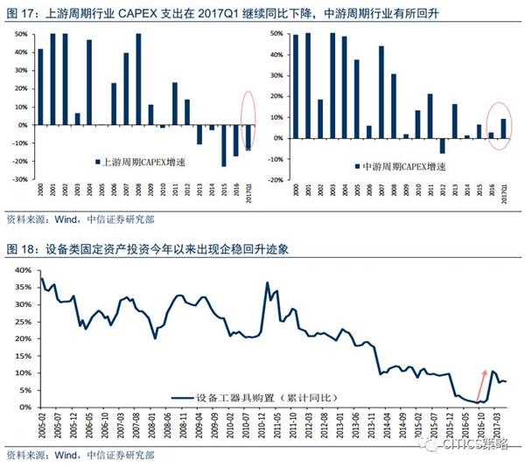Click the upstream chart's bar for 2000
(x=40, y=87)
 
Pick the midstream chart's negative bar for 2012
(x=442, y=146)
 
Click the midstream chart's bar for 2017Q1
(x=503, y=129)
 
